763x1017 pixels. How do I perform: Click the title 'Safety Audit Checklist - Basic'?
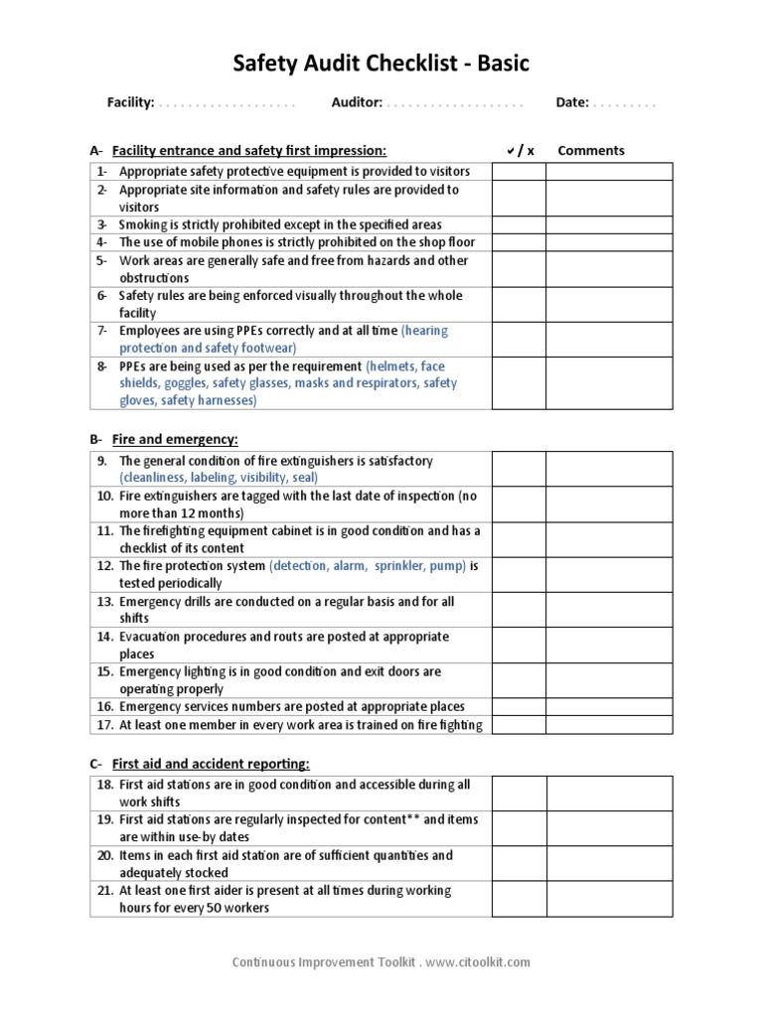coord(381,65)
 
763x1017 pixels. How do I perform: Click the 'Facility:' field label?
coord(130,102)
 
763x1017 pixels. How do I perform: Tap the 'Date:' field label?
coord(572,102)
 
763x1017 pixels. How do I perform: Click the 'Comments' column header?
coord(591,151)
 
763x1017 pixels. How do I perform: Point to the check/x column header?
coord(520,151)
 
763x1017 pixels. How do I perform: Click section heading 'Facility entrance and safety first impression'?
coord(248,151)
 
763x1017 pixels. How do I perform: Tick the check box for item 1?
coord(519,172)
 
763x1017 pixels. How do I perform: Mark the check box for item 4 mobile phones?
coord(519,242)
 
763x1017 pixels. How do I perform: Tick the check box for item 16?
coord(519,707)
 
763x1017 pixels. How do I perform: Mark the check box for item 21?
coord(519,898)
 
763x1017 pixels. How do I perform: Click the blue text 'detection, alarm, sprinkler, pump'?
coord(367,566)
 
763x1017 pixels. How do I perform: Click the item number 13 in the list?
coord(104,602)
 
